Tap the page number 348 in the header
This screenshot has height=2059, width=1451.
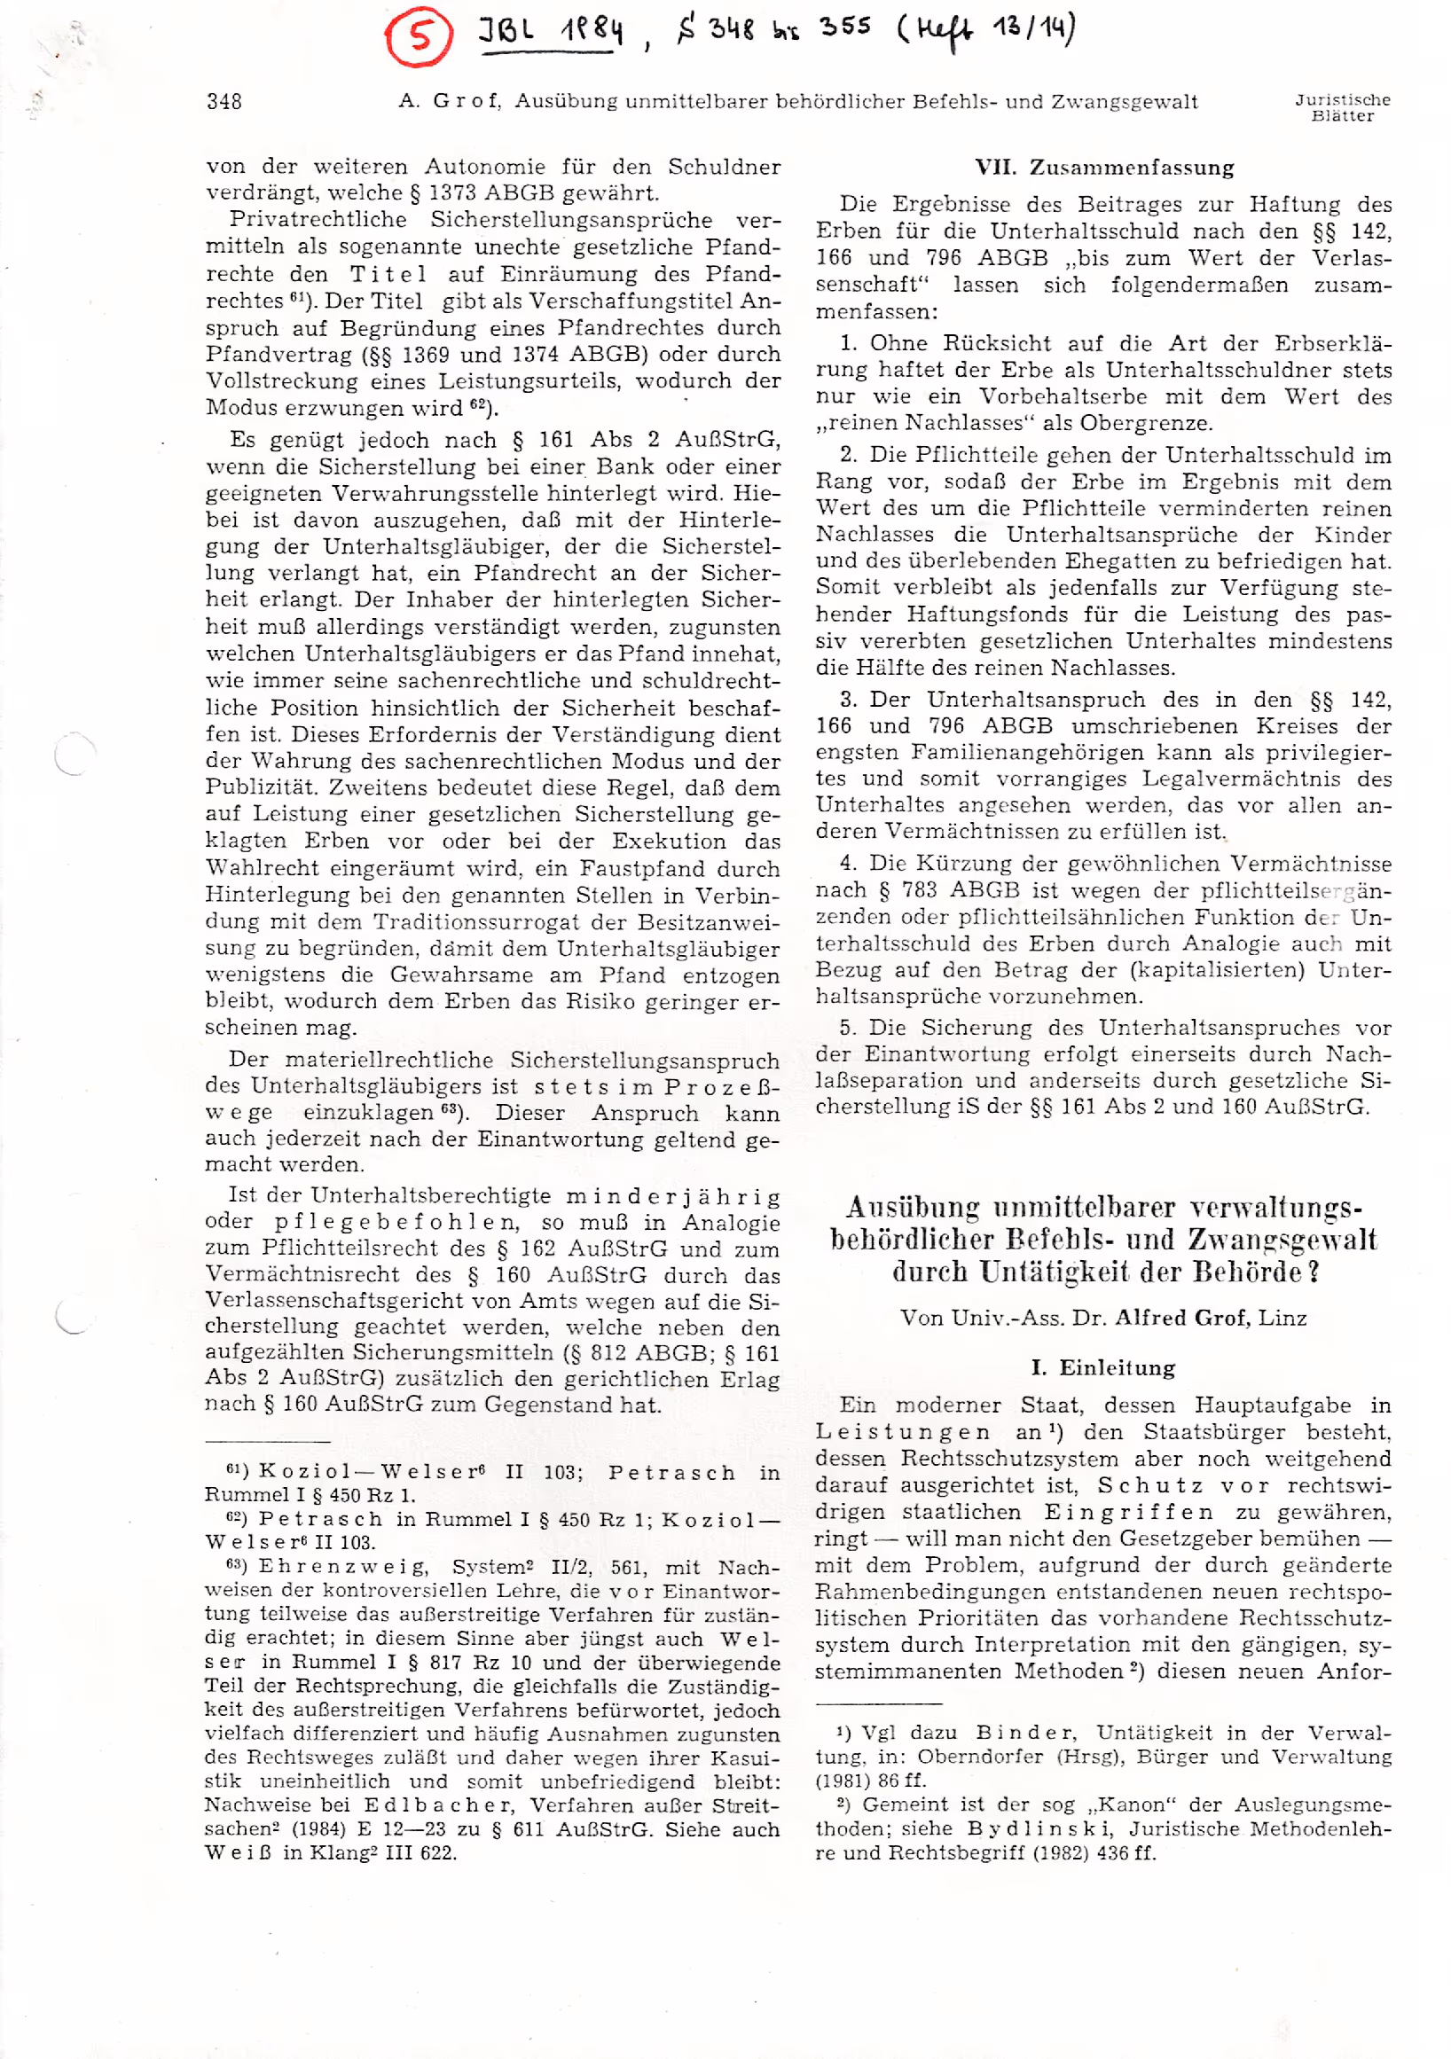(224, 101)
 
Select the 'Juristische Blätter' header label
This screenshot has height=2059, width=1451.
(1342, 107)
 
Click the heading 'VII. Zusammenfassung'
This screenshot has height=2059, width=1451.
(1104, 168)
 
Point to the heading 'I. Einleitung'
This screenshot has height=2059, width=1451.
(1103, 1366)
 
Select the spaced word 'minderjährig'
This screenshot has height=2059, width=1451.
(672, 1196)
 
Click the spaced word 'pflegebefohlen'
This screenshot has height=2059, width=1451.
(396, 1222)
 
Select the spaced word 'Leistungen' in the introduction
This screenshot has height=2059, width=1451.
(903, 1432)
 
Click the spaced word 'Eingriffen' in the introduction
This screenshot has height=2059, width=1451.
(1128, 1512)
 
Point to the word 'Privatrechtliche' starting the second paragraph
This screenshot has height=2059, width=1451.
(318, 220)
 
